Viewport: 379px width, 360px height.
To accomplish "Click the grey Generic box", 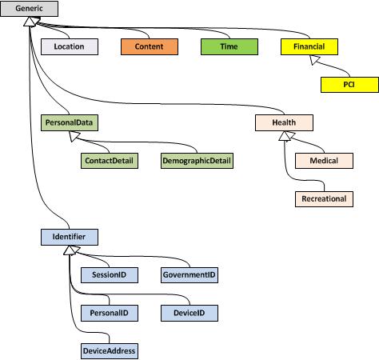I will tap(28, 10).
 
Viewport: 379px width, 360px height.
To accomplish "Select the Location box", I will tap(69, 47).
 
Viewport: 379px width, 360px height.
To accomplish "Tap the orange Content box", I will tap(149, 47).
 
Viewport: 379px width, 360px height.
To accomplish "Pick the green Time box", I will tap(229, 47).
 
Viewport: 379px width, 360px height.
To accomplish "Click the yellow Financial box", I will tap(309, 47).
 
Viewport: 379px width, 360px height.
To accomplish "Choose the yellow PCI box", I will tap(349, 85).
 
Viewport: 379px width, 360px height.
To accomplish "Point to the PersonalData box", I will tap(69, 123).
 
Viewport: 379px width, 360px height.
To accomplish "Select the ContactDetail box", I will tap(109, 161).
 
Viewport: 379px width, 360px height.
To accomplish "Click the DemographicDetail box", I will tap(197, 161).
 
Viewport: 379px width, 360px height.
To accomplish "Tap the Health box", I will tap(284, 123).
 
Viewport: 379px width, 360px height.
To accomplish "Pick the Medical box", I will tap(324, 161).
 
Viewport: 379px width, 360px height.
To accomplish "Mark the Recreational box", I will tap(324, 198).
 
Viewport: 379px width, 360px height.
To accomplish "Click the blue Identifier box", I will tap(69, 237).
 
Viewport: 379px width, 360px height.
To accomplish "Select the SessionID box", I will tap(109, 274).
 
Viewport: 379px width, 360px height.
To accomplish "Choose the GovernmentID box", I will tap(189, 274).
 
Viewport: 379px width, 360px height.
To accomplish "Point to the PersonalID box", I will tap(109, 312).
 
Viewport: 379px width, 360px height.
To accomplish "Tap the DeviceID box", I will tap(189, 312).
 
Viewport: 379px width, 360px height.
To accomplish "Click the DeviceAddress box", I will tap(109, 350).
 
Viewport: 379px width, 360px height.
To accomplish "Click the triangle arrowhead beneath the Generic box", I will tap(28, 24).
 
